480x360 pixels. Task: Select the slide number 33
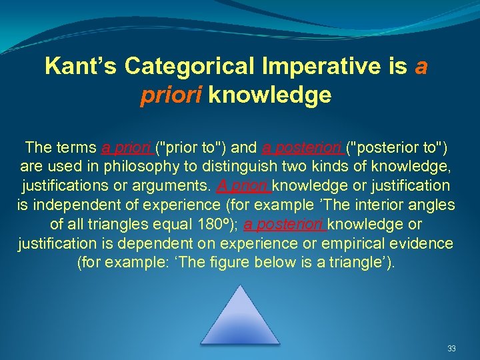pyautogui.click(x=451, y=349)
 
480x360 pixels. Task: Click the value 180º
pyautogui.click(x=213, y=224)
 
